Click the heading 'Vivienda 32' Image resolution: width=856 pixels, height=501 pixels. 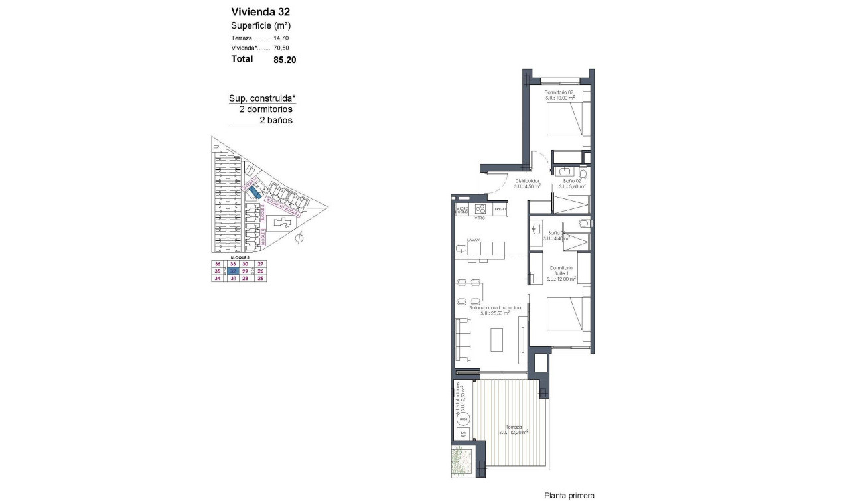click(x=261, y=11)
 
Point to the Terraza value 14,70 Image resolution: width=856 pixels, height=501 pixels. click(x=282, y=39)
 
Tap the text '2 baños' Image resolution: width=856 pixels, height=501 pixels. click(x=276, y=121)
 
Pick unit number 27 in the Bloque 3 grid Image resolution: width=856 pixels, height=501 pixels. click(x=260, y=263)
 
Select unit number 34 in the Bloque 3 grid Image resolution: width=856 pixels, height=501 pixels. click(x=217, y=279)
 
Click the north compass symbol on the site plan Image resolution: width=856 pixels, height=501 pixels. click(x=299, y=238)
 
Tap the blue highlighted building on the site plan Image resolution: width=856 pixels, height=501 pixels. click(x=255, y=194)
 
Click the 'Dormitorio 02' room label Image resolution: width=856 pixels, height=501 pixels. click(x=558, y=92)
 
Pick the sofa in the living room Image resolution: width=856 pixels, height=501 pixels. click(x=463, y=340)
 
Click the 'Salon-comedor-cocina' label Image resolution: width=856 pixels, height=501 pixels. click(x=496, y=308)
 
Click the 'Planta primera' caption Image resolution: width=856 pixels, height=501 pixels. click(x=569, y=495)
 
